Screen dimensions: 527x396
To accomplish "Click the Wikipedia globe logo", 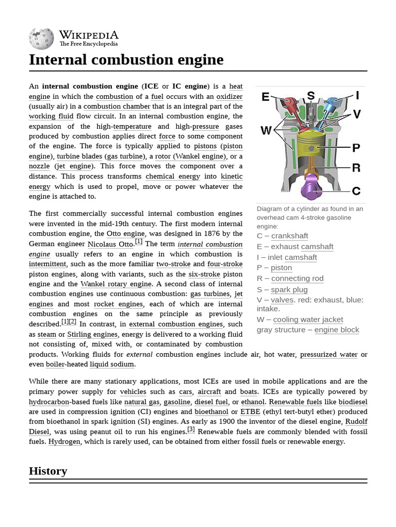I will pyautogui.click(x=42, y=39).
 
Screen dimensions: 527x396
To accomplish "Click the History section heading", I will pyautogui.click(x=48, y=471).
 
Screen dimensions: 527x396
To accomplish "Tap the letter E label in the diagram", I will pyautogui.click(x=266, y=97).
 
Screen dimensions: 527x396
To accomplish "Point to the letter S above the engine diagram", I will pyautogui.click(x=311, y=96).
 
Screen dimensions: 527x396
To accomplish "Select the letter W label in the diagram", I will pyautogui.click(x=266, y=131).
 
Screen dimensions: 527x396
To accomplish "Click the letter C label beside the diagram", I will pyautogui.click(x=356, y=191).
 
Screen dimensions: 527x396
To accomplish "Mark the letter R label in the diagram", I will pyautogui.click(x=356, y=168).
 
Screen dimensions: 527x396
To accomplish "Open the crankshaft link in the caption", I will pyautogui.click(x=289, y=236).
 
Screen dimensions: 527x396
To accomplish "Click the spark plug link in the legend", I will pyautogui.click(x=289, y=289).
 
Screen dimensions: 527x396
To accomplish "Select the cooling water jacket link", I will pyautogui.click(x=308, y=320).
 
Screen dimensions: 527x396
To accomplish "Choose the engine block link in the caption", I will pyautogui.click(x=337, y=330).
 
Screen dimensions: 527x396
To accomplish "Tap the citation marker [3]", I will pyautogui.click(x=191, y=429).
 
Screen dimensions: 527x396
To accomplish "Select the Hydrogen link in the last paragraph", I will pyautogui.click(x=64, y=442).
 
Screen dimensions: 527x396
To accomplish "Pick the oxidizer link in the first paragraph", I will pyautogui.click(x=229, y=96).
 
